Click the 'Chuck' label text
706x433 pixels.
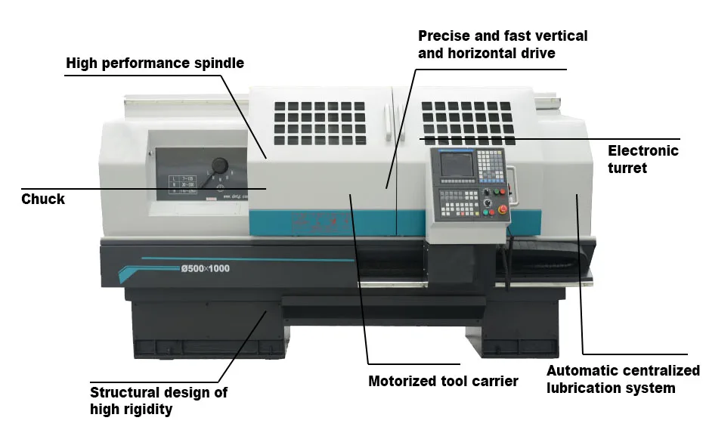point(43,199)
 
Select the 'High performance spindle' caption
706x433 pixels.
point(155,63)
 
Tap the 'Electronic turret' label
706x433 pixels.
point(643,159)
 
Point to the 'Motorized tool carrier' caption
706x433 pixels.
point(443,381)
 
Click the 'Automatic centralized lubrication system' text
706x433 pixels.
point(623,379)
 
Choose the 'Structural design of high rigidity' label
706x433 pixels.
point(158,401)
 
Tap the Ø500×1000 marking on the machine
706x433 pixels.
point(205,269)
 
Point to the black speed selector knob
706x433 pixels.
point(221,165)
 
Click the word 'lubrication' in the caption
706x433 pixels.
point(585,388)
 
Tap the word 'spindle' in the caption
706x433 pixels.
point(220,63)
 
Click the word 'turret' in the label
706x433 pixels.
point(627,168)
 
